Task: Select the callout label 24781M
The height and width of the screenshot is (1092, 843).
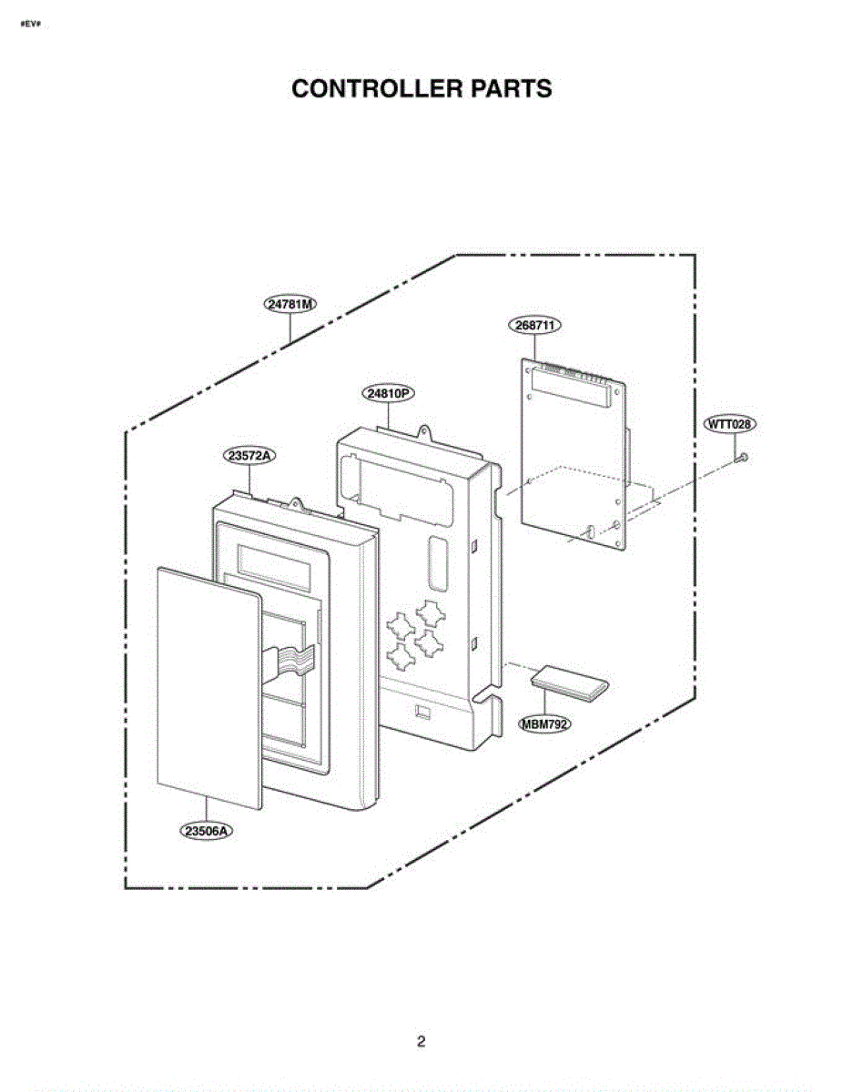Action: click(x=290, y=304)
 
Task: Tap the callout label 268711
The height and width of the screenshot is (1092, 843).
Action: click(x=535, y=325)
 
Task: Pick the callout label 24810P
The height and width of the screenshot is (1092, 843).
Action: click(x=388, y=393)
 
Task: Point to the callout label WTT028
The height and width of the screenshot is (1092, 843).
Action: click(x=729, y=424)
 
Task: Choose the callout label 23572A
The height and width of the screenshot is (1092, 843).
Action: click(x=249, y=456)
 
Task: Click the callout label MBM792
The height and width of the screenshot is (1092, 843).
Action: click(x=545, y=724)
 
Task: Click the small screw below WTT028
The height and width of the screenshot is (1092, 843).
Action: click(x=742, y=458)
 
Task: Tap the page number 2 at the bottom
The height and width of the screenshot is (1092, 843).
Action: click(x=421, y=1041)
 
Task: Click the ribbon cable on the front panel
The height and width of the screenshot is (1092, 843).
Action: click(x=290, y=662)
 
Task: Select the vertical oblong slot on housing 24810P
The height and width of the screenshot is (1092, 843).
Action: click(x=438, y=562)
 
